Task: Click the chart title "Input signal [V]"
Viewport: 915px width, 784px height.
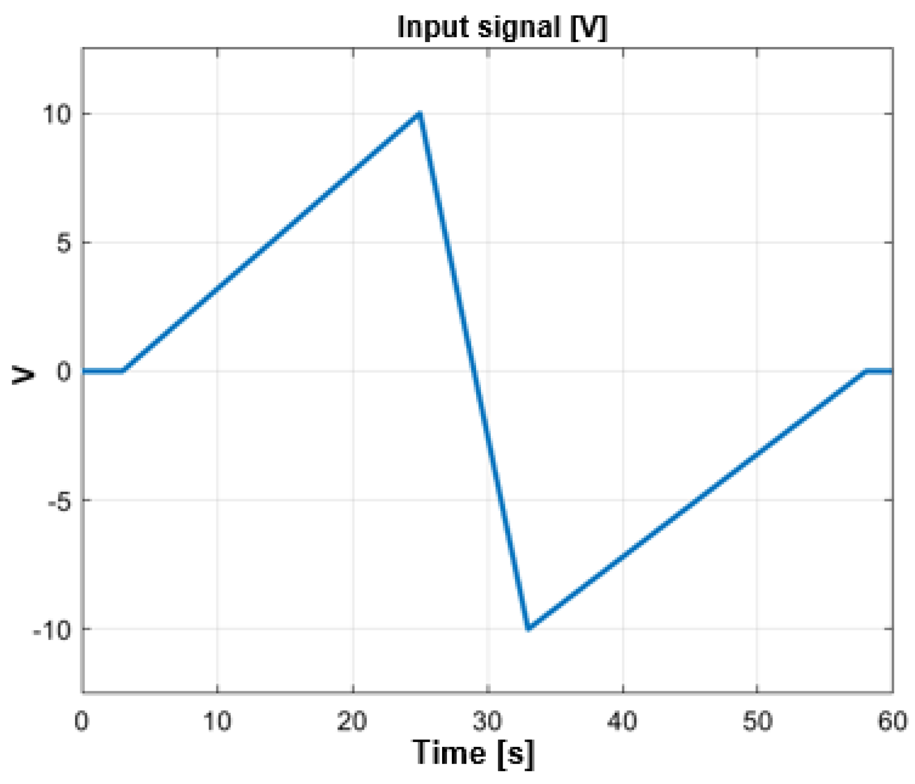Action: pos(501,27)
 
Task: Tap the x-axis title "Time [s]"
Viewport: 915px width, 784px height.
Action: pos(473,753)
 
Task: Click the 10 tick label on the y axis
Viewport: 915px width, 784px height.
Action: pos(57,114)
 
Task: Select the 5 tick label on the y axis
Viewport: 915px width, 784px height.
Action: pos(64,243)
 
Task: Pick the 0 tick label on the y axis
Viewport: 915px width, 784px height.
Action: pos(64,372)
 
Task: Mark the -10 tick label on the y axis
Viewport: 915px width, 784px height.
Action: pos(52,629)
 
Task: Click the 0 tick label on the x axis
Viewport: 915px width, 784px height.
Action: pos(82,721)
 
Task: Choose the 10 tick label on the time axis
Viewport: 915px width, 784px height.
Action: pos(217,721)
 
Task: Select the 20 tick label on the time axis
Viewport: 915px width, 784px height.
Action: pos(352,721)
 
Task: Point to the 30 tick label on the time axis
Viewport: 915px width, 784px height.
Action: pos(487,721)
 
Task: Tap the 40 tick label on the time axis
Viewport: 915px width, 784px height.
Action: pos(622,721)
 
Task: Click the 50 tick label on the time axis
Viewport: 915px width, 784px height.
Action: pos(757,721)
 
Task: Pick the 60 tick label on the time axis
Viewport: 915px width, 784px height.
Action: pos(892,721)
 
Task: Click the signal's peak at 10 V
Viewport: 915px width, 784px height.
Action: pos(420,114)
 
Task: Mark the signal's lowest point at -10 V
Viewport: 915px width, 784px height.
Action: pos(528,629)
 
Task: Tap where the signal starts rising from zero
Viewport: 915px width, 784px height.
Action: pos(123,371)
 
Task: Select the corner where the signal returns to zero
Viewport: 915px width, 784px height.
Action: pos(866,371)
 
